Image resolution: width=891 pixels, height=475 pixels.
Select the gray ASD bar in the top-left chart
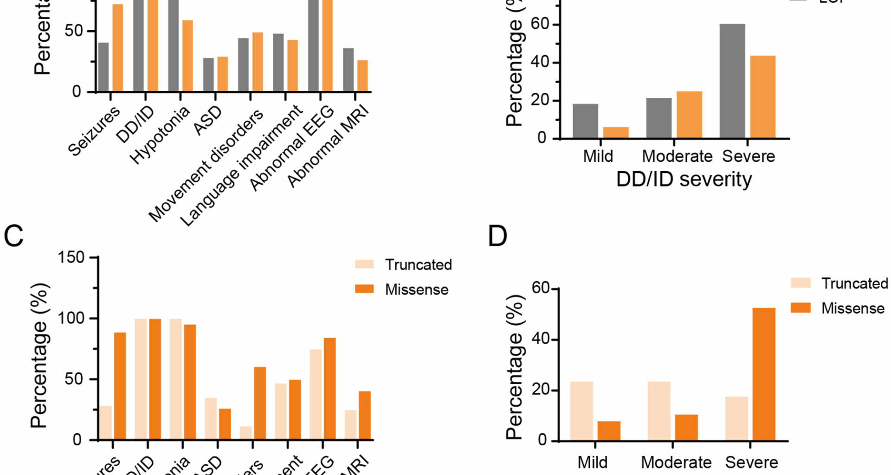[x=208, y=75]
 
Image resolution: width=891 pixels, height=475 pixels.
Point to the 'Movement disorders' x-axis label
[x=206, y=166]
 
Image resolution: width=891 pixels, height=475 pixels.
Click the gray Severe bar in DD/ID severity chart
[x=732, y=81]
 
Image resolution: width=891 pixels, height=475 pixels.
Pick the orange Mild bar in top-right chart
[x=616, y=133]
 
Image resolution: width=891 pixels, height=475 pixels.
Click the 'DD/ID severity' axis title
[x=684, y=179]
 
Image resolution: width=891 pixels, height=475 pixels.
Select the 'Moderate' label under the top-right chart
[x=677, y=156]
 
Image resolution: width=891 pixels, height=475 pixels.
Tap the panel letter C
[x=13, y=236]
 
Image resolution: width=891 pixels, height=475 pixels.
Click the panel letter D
[x=497, y=236]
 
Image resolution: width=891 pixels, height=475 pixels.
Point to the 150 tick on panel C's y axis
[x=71, y=257]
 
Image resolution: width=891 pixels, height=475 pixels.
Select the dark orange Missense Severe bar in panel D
[x=764, y=374]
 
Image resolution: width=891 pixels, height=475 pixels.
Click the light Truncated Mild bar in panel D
[x=581, y=411]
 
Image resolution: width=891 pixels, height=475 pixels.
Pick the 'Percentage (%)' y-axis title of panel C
[x=40, y=355]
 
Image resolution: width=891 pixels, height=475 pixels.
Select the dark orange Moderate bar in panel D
[x=686, y=427]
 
